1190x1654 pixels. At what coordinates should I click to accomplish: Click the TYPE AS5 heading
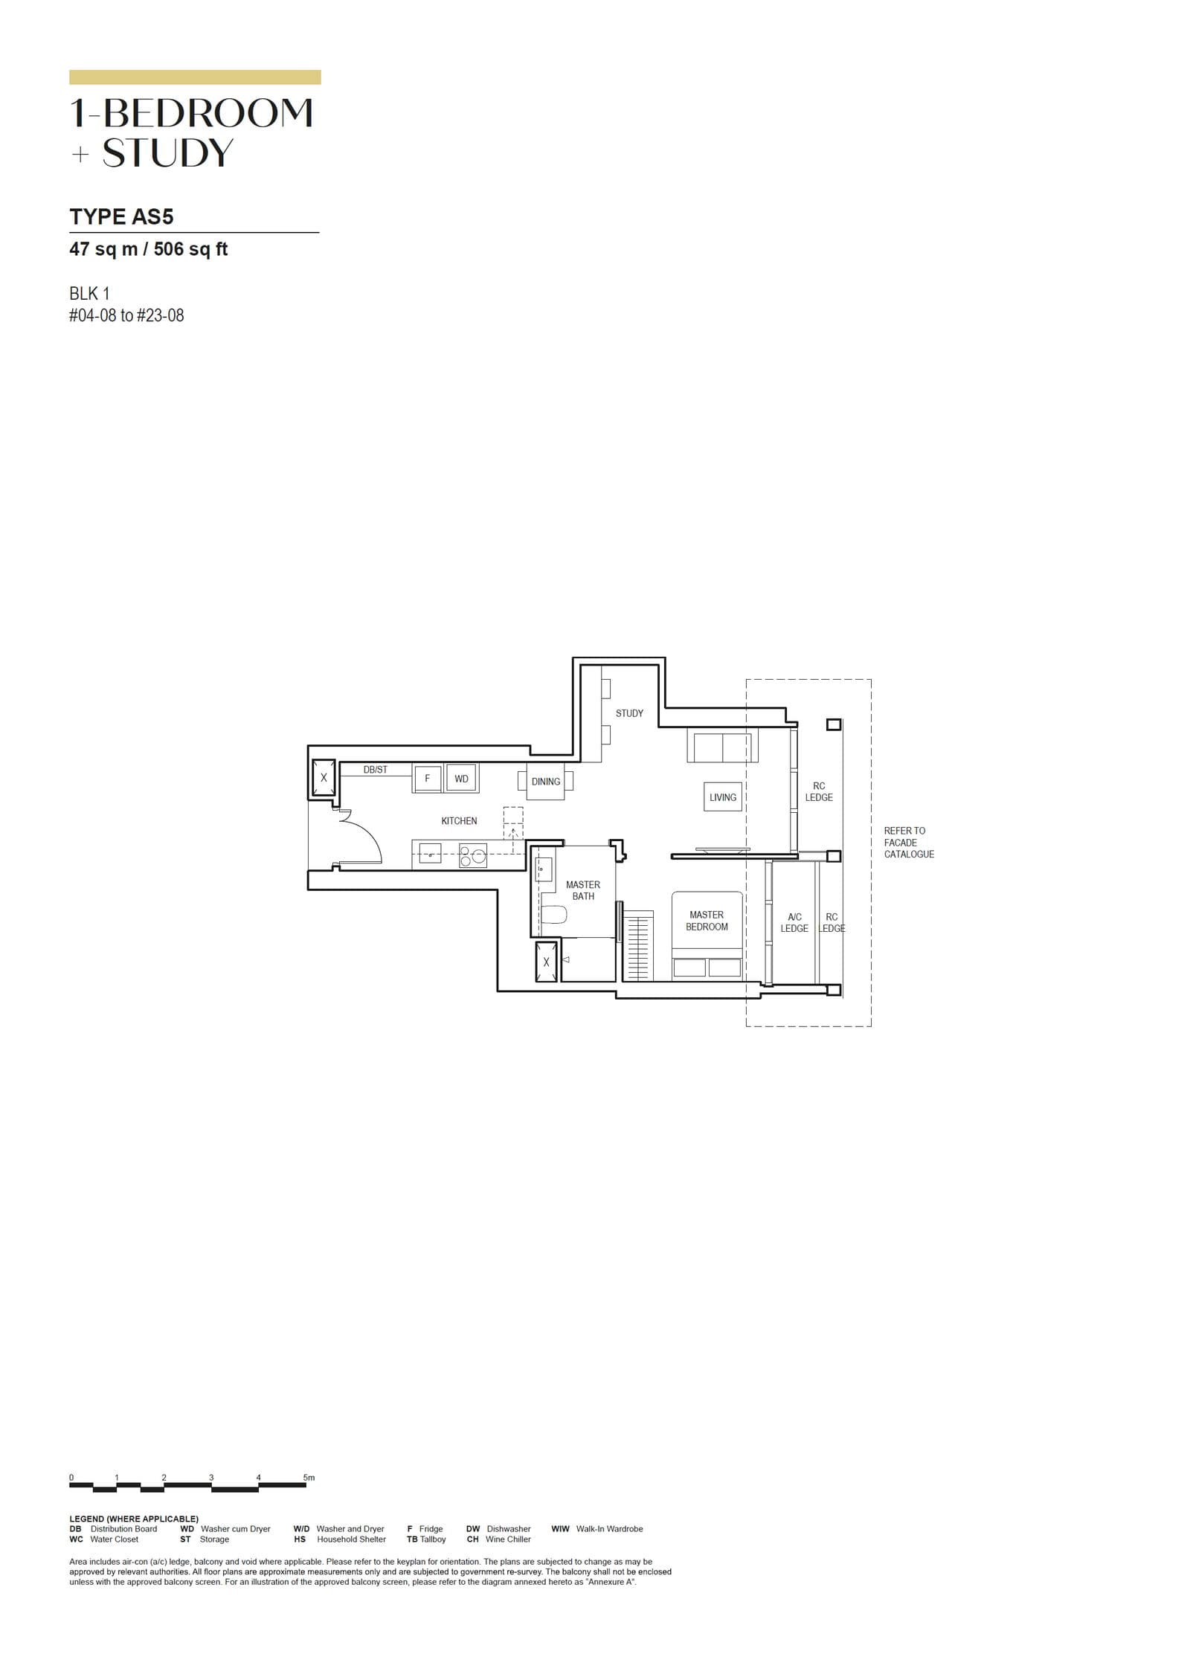pyautogui.click(x=121, y=216)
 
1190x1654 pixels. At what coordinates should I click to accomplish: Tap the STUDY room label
pyautogui.click(x=629, y=713)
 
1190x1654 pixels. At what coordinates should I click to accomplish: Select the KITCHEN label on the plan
pyautogui.click(x=459, y=821)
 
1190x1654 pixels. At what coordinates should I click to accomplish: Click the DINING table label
pyautogui.click(x=545, y=782)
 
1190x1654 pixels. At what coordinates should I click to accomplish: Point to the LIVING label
pyautogui.click(x=722, y=797)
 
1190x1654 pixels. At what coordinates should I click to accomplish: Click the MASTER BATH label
pyautogui.click(x=583, y=890)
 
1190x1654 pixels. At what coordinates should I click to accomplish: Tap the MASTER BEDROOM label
pyautogui.click(x=707, y=921)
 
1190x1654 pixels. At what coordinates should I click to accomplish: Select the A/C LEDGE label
pyautogui.click(x=794, y=923)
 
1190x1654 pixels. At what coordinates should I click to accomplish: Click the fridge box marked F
pyautogui.click(x=428, y=779)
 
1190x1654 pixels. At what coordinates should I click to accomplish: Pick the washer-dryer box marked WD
pyautogui.click(x=462, y=779)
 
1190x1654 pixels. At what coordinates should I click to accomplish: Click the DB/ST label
pyautogui.click(x=375, y=770)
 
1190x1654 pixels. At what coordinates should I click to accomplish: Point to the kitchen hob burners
pyautogui.click(x=472, y=855)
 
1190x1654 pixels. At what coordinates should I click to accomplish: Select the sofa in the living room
pyautogui.click(x=722, y=747)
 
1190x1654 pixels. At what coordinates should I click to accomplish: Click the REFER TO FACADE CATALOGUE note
pyautogui.click(x=908, y=843)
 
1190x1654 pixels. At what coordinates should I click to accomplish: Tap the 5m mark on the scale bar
pyautogui.click(x=309, y=1477)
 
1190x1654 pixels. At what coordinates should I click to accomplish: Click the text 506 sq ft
pyautogui.click(x=190, y=249)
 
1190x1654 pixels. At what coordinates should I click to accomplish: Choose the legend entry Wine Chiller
pyautogui.click(x=508, y=1539)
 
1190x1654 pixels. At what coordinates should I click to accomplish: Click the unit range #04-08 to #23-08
pyautogui.click(x=126, y=315)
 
